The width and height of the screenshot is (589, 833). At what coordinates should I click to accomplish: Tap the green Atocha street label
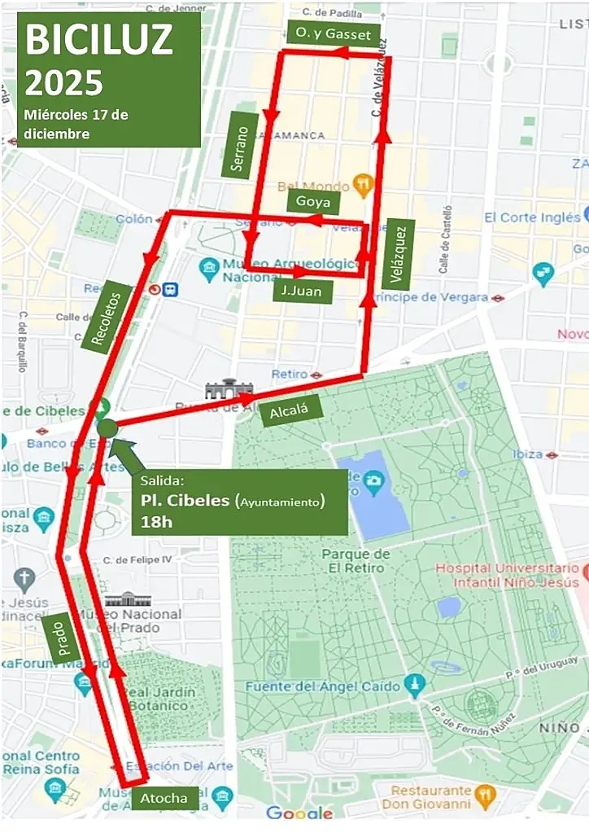(164, 798)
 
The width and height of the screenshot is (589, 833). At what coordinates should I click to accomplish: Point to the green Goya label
(312, 202)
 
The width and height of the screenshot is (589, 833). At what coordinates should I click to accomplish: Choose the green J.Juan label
(302, 291)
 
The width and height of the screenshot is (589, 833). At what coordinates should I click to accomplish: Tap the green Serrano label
(239, 145)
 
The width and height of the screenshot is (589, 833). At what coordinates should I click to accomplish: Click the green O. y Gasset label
(334, 33)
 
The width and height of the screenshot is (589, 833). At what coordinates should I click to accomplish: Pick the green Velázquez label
(398, 253)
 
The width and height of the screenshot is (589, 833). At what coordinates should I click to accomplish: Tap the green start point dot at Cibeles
(108, 426)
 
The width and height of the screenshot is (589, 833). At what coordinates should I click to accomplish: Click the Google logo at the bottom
(299, 813)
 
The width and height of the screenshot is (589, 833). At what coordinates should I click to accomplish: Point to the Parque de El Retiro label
(356, 561)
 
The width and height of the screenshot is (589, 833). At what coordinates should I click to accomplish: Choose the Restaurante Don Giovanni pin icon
(485, 791)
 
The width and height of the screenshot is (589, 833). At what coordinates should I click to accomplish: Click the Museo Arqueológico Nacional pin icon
(209, 266)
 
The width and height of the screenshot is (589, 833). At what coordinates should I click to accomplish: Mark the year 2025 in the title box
(65, 81)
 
